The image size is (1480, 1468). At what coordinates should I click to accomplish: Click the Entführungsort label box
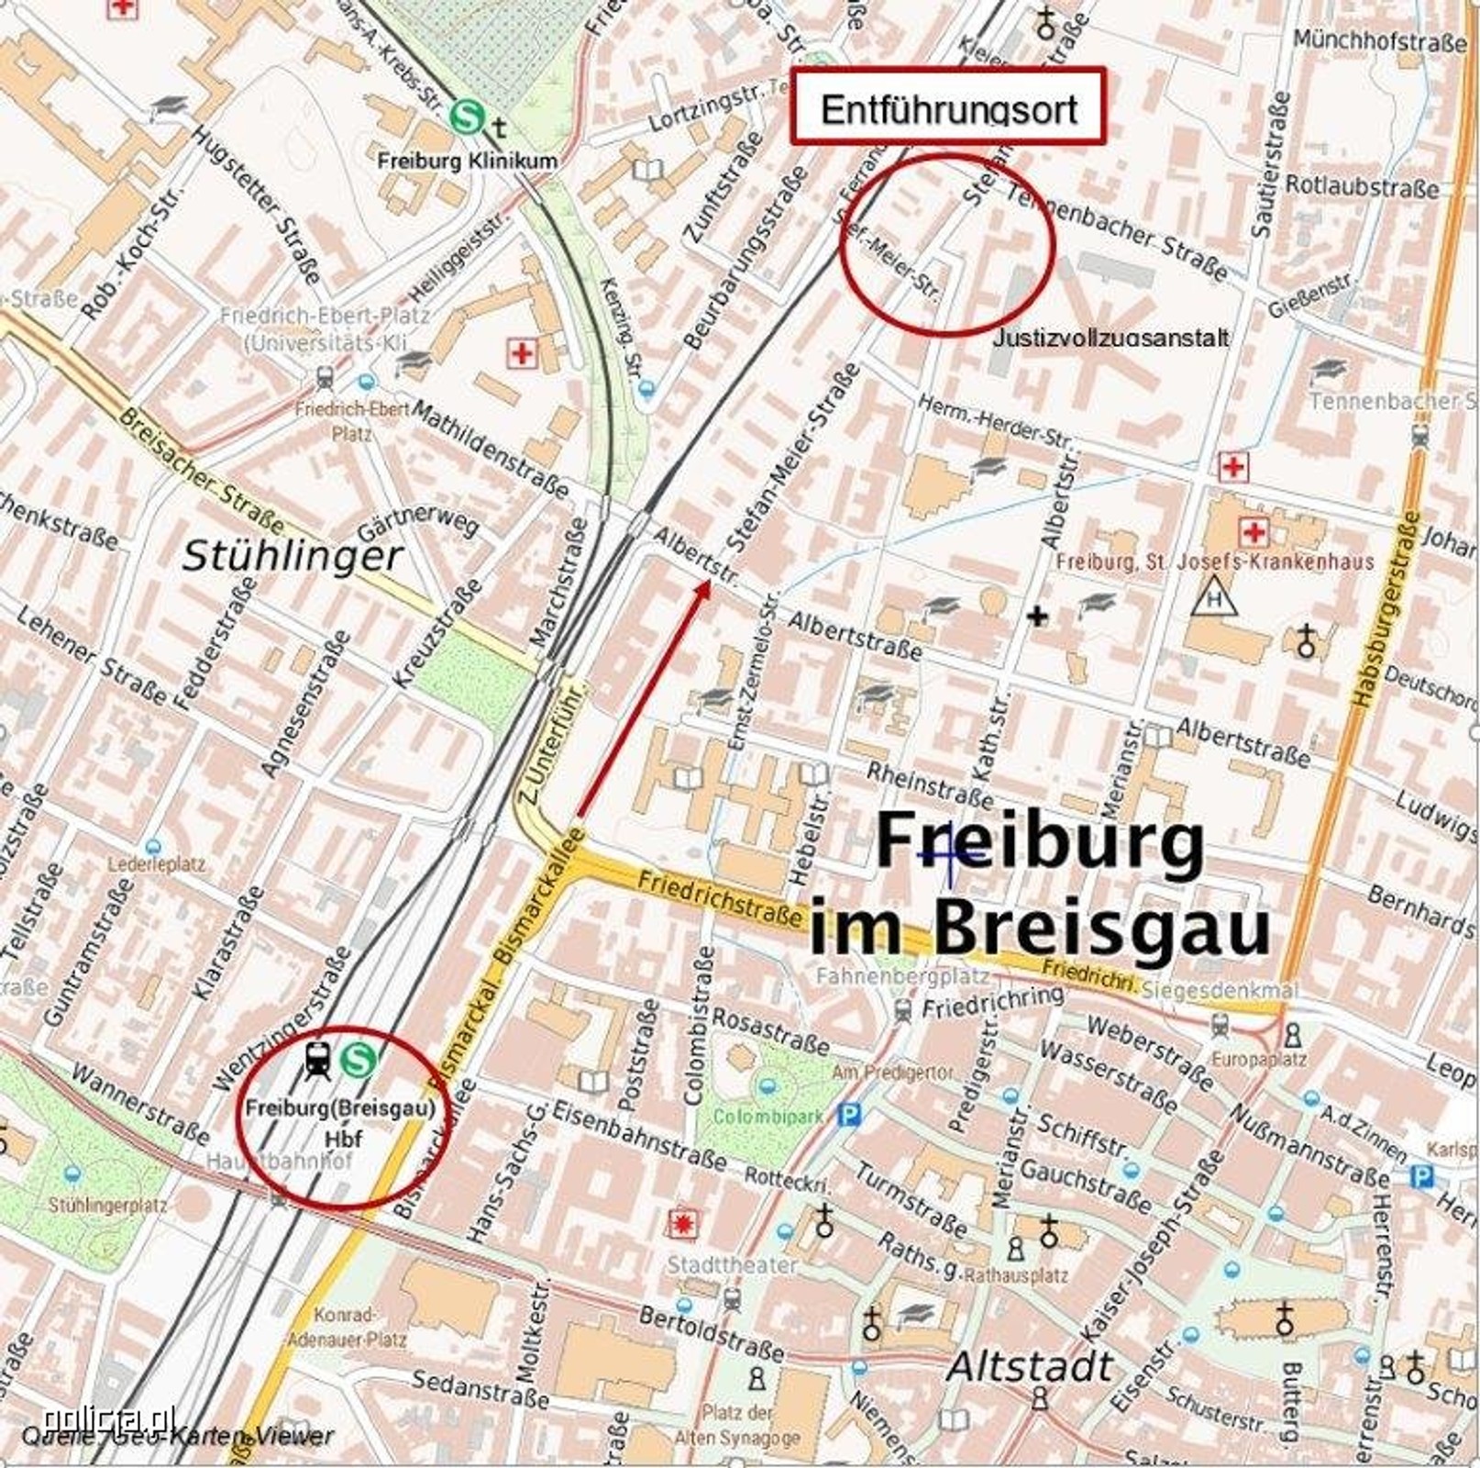pyautogui.click(x=948, y=107)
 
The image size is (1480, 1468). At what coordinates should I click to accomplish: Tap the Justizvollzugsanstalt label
pyautogui.click(x=1110, y=338)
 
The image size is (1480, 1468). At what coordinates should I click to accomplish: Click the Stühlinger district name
pyautogui.click(x=292, y=556)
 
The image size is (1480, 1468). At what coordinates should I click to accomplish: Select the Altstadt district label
pyautogui.click(x=1030, y=1366)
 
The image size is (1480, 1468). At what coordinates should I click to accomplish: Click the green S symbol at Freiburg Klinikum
pyautogui.click(x=467, y=117)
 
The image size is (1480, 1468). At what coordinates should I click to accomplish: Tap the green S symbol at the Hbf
pyautogui.click(x=358, y=1061)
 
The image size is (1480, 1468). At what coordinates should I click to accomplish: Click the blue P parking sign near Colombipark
pyautogui.click(x=851, y=1116)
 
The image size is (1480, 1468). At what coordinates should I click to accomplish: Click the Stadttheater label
pyautogui.click(x=731, y=1264)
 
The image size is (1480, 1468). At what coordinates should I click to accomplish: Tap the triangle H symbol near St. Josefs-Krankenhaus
pyautogui.click(x=1214, y=598)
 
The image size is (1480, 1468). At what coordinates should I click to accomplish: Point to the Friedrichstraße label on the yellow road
pyautogui.click(x=719, y=897)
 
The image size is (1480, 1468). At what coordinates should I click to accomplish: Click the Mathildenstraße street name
pyautogui.click(x=490, y=451)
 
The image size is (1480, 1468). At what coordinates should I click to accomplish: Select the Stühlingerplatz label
pyautogui.click(x=107, y=1205)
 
